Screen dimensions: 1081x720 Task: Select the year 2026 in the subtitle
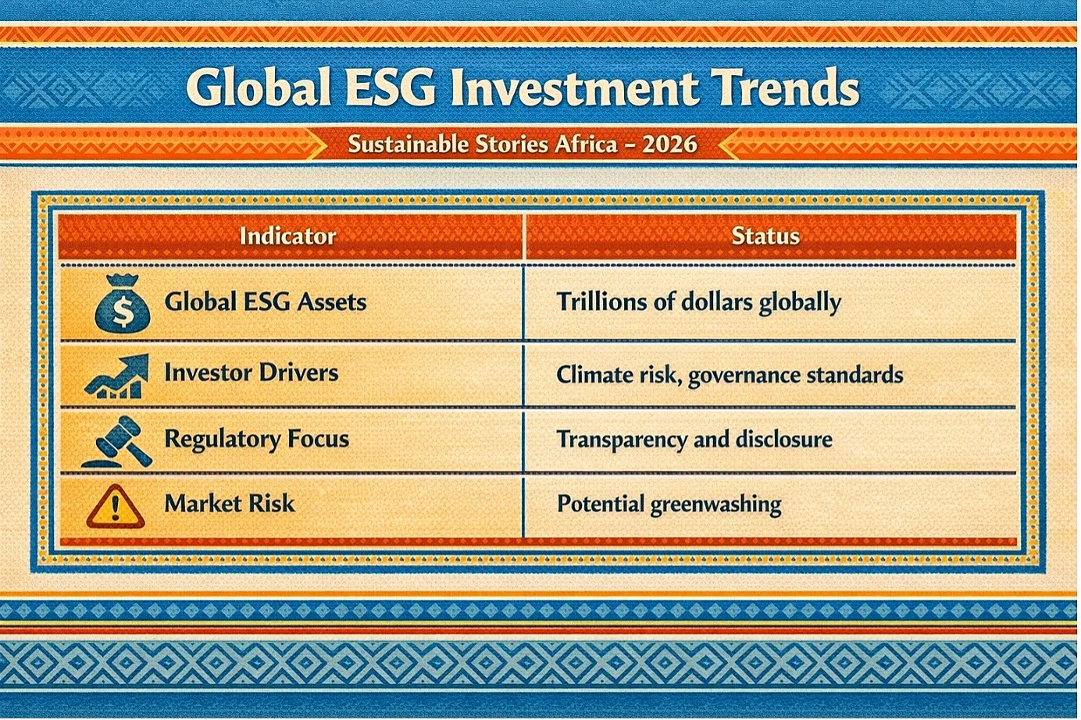(669, 144)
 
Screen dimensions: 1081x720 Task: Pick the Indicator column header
(287, 236)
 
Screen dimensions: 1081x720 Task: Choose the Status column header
(765, 236)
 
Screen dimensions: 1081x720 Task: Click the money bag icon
(123, 304)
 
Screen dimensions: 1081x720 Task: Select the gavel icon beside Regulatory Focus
(117, 441)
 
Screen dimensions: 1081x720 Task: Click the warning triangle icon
(116, 506)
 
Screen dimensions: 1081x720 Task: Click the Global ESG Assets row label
(266, 302)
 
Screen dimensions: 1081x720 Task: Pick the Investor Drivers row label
(252, 372)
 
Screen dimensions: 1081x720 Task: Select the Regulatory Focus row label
(257, 439)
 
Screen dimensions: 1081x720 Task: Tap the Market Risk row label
(229, 504)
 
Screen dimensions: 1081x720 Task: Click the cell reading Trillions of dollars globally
(699, 302)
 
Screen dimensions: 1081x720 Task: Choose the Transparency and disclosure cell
(694, 440)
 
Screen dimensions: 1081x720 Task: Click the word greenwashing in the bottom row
(716, 504)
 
